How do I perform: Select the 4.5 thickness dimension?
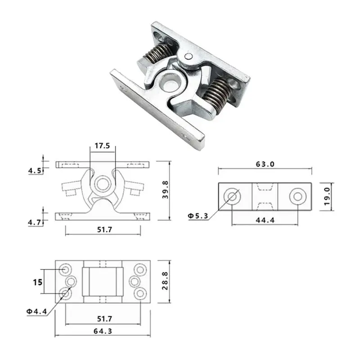click(35, 171)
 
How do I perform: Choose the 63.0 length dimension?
click(265, 164)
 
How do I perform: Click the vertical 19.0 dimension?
click(327, 197)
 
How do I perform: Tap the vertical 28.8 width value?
click(165, 281)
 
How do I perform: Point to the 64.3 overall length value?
click(103, 331)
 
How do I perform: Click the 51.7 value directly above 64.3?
click(103, 319)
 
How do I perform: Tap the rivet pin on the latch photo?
click(189, 56)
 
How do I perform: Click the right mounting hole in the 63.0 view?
click(297, 196)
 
